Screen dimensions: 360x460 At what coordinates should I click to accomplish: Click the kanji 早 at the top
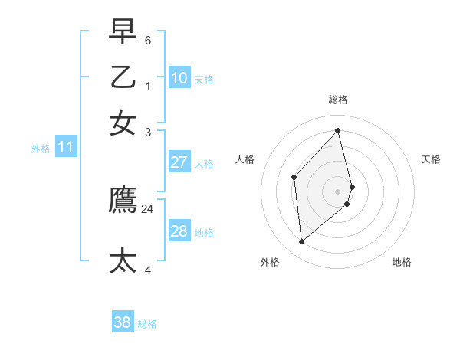click(123, 32)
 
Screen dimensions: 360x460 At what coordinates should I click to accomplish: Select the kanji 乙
click(123, 77)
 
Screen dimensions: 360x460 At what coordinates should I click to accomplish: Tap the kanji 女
click(123, 123)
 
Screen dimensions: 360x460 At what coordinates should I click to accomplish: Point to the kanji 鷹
click(123, 199)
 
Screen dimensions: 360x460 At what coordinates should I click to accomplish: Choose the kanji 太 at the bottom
click(123, 260)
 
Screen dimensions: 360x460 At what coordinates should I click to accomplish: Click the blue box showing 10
click(179, 78)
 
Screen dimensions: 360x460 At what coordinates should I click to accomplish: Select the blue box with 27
click(179, 162)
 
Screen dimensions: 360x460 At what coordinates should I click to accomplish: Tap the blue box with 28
click(179, 231)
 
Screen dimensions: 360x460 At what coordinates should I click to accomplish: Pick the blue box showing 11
click(65, 147)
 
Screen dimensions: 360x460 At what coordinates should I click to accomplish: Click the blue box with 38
click(123, 322)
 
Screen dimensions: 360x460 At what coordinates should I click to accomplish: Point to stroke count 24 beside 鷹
click(148, 208)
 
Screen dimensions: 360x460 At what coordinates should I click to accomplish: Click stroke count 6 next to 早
click(148, 40)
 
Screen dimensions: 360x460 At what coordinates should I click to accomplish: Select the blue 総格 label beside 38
click(147, 324)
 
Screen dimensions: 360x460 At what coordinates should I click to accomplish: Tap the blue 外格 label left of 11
click(41, 149)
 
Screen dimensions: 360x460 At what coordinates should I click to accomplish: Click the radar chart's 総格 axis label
click(338, 100)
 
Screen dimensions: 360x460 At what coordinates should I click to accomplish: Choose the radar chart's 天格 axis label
click(432, 159)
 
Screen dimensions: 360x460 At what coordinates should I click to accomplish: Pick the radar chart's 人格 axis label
click(245, 159)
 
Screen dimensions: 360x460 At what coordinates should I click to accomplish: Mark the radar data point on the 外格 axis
click(302, 242)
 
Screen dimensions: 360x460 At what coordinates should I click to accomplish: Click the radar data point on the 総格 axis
click(338, 130)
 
